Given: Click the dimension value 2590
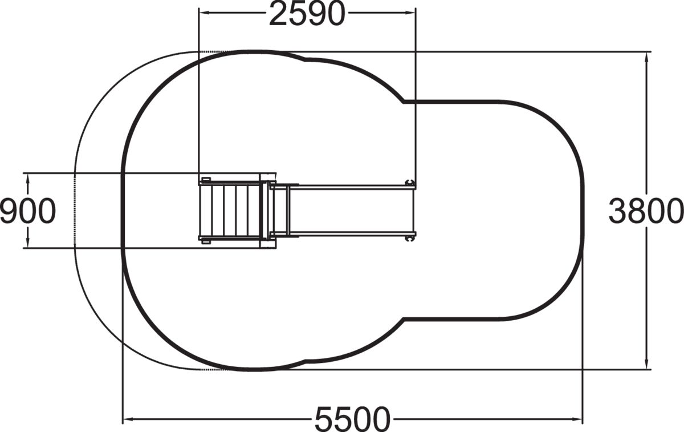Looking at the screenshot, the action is point(307,14).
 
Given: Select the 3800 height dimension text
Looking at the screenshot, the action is point(646,211).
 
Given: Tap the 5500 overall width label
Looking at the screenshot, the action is point(352,419).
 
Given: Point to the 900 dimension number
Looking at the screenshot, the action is point(28,211).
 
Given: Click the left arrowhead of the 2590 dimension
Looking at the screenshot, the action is point(203,13).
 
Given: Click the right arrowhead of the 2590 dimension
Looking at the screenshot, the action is point(411,13).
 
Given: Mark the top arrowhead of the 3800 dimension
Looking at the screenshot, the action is point(646,57).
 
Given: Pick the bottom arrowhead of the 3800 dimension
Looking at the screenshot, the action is point(646,364).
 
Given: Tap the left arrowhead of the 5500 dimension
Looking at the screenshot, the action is point(127,419).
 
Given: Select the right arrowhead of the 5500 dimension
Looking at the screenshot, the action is point(577,419).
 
